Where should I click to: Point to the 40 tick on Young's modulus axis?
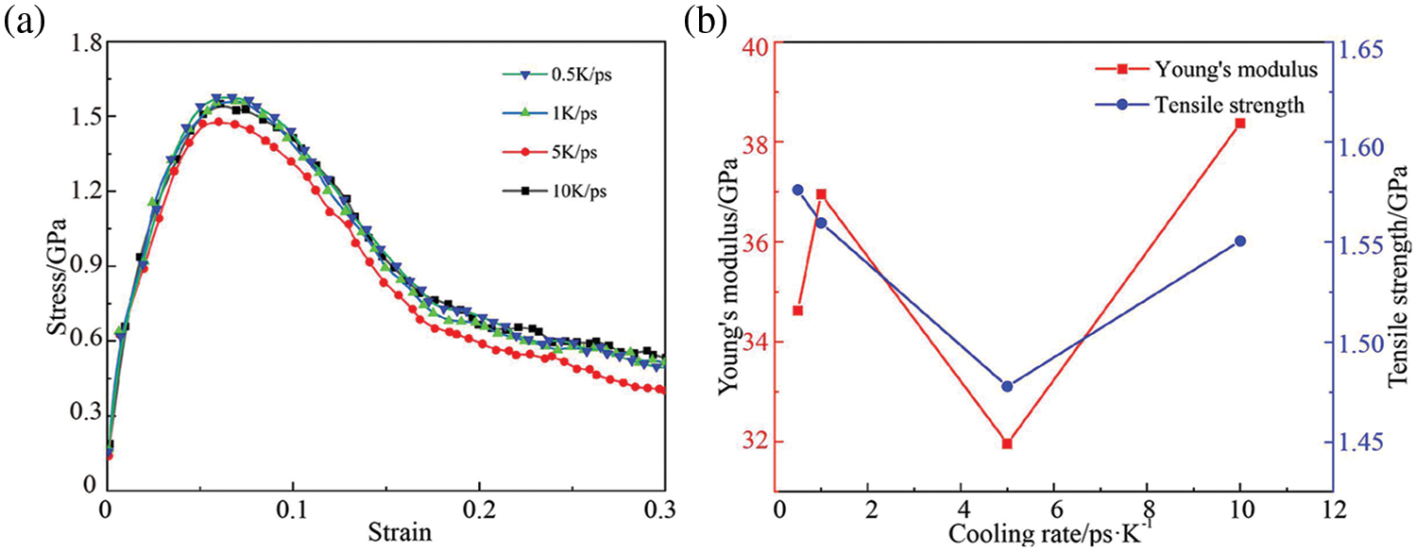pos(752,43)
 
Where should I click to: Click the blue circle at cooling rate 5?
pos(1007,386)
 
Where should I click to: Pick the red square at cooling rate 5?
pos(1007,443)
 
